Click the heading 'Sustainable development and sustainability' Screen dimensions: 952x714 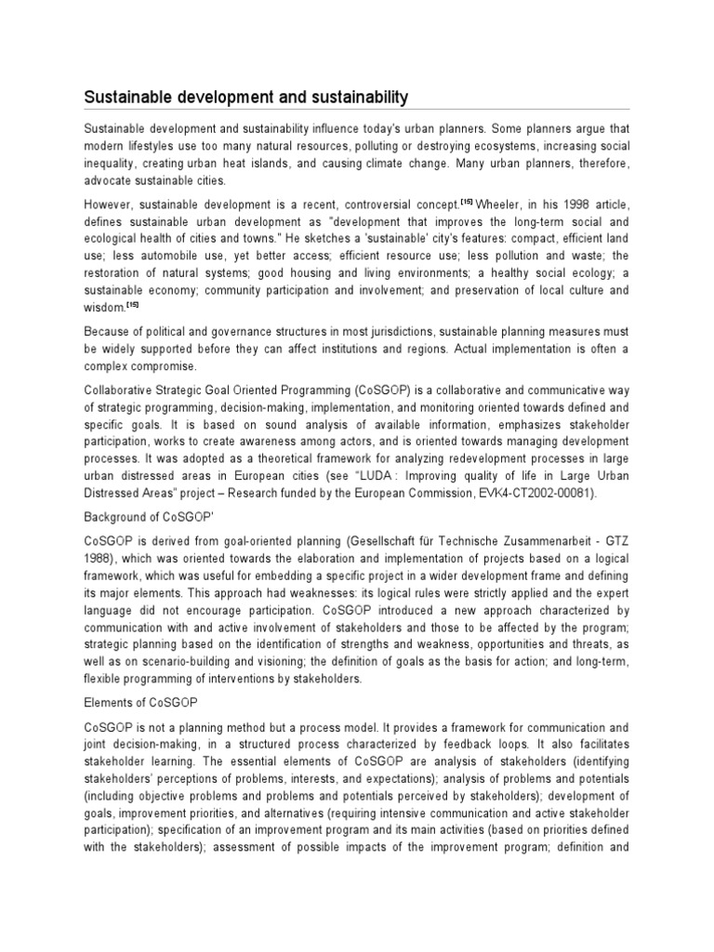[246, 97]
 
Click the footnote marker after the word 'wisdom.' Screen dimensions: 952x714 [132, 304]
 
